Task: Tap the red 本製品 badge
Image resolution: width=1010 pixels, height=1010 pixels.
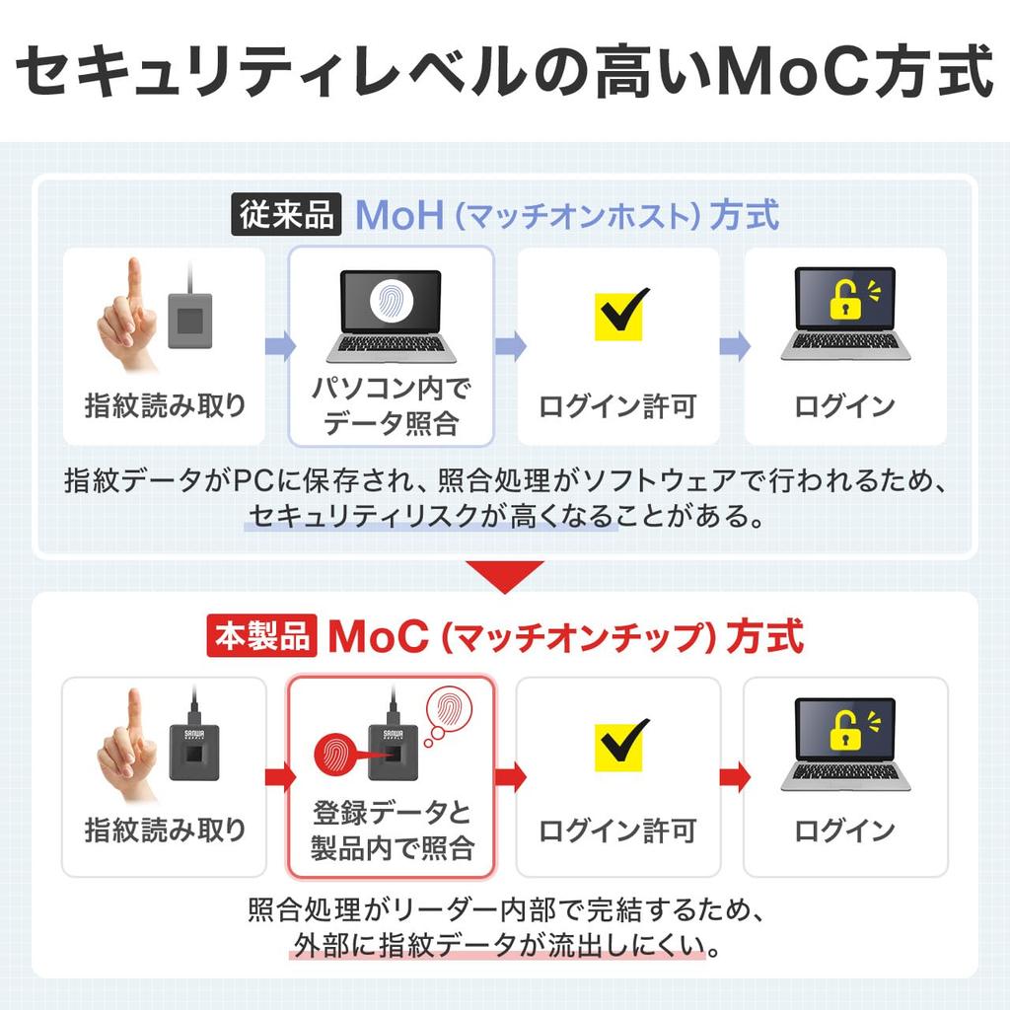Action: tap(260, 636)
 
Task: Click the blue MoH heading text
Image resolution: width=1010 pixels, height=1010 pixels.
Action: tap(398, 215)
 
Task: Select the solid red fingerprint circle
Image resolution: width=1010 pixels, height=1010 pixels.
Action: tap(335, 754)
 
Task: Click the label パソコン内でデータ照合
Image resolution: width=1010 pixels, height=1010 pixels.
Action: tap(392, 405)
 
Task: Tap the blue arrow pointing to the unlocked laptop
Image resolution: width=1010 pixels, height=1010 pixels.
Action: tap(734, 345)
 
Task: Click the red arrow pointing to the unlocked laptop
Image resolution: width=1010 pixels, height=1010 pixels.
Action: tap(734, 776)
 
